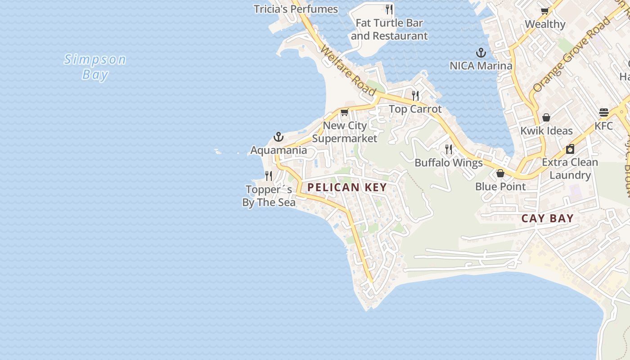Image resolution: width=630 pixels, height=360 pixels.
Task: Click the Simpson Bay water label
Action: (x=95, y=67)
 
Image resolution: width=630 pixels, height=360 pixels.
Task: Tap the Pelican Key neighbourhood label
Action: (x=347, y=187)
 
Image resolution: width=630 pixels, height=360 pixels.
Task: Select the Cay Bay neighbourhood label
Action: (x=547, y=219)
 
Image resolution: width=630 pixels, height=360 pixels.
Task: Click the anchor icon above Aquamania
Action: (x=279, y=137)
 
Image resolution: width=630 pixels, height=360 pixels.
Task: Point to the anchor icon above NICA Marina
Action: (x=481, y=53)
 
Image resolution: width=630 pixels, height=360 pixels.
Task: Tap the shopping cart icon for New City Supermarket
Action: (x=344, y=112)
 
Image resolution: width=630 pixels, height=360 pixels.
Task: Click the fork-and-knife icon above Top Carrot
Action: (x=415, y=95)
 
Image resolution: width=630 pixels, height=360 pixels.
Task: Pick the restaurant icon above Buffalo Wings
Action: (x=449, y=149)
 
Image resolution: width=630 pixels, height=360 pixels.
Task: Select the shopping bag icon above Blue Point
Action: (x=500, y=173)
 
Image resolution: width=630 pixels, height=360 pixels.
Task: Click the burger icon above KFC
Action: (x=603, y=112)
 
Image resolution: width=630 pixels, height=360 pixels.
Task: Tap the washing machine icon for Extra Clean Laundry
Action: (x=570, y=149)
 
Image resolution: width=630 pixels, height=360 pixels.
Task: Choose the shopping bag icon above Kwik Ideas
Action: (x=546, y=117)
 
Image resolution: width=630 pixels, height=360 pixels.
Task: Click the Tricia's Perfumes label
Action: (x=296, y=9)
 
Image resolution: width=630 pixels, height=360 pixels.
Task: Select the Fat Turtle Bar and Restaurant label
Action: (x=389, y=29)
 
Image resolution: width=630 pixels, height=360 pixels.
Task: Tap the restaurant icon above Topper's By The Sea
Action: (x=269, y=175)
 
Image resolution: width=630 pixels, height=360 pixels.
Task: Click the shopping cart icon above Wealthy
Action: (x=544, y=11)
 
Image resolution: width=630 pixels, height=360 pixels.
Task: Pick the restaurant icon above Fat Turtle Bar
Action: (x=389, y=9)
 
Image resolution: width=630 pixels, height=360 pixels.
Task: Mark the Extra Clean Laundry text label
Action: (x=570, y=169)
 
